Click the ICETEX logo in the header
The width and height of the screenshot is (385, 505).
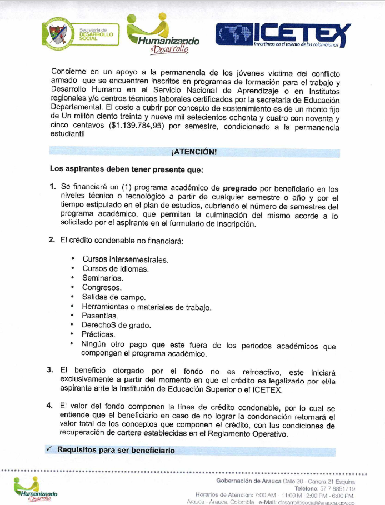(x=283, y=34)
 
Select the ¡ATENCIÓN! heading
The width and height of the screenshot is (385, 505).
(x=194, y=152)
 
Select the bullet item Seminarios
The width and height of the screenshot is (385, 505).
(x=103, y=278)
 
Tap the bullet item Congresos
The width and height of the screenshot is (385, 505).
(x=102, y=287)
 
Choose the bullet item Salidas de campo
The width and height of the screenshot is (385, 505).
(x=113, y=297)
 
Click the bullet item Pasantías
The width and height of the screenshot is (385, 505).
(x=99, y=316)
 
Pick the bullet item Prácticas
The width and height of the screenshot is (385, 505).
(x=98, y=334)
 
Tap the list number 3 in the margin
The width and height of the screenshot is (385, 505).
(x=50, y=369)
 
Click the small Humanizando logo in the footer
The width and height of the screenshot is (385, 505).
(x=36, y=491)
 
